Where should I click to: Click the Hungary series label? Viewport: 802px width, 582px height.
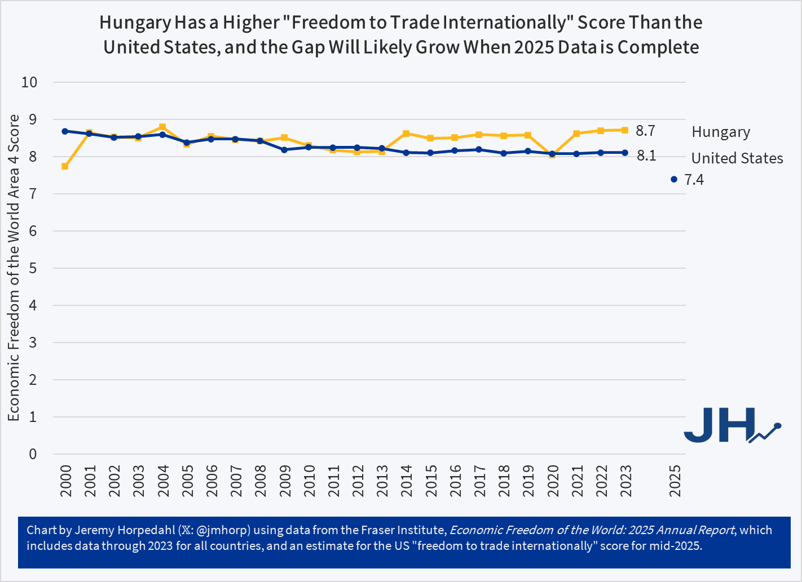pos(721,132)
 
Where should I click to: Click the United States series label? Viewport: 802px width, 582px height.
pos(737,158)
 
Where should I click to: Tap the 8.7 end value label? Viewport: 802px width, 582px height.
pos(645,131)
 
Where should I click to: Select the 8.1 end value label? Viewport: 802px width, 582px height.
pos(646,156)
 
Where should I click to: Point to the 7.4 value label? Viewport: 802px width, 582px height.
pos(694,180)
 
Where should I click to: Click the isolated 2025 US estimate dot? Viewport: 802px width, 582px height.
pos(674,179)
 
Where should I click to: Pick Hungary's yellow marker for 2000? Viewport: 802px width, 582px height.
pos(65,166)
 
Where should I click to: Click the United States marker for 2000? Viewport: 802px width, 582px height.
pos(65,131)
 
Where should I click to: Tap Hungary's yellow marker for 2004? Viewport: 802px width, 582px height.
pos(162,127)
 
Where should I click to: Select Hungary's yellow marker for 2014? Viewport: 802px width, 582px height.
pos(406,134)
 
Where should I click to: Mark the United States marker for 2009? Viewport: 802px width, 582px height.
pos(284,150)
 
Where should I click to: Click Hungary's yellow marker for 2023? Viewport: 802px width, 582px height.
pos(625,130)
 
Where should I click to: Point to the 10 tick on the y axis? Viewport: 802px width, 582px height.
pos(29,82)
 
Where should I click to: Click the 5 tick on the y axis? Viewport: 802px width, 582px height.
pos(33,268)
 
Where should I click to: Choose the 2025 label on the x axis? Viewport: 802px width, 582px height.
pos(675,481)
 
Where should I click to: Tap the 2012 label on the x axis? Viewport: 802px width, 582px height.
pos(358,481)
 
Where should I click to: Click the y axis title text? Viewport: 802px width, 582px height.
pos(14,268)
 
